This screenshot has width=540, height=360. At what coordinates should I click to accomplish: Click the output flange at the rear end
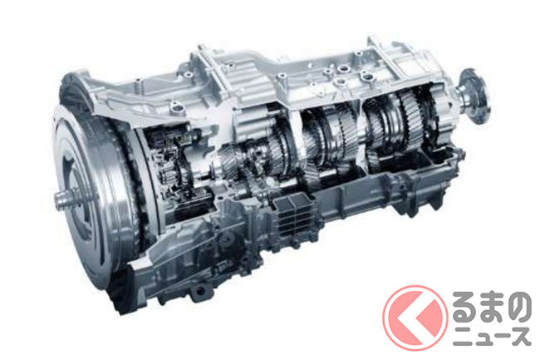point(476,96)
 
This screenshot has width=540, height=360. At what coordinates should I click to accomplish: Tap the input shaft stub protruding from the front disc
point(66,199)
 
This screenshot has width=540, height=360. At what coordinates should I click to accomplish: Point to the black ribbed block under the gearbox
point(292,215)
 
